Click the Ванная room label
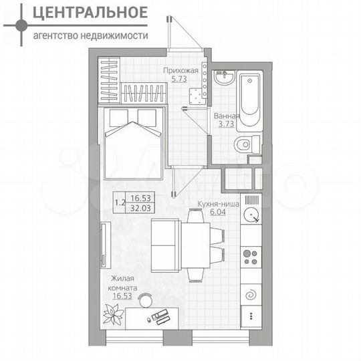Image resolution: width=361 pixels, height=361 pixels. (227, 116)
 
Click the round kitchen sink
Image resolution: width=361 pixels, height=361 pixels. (252, 215)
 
